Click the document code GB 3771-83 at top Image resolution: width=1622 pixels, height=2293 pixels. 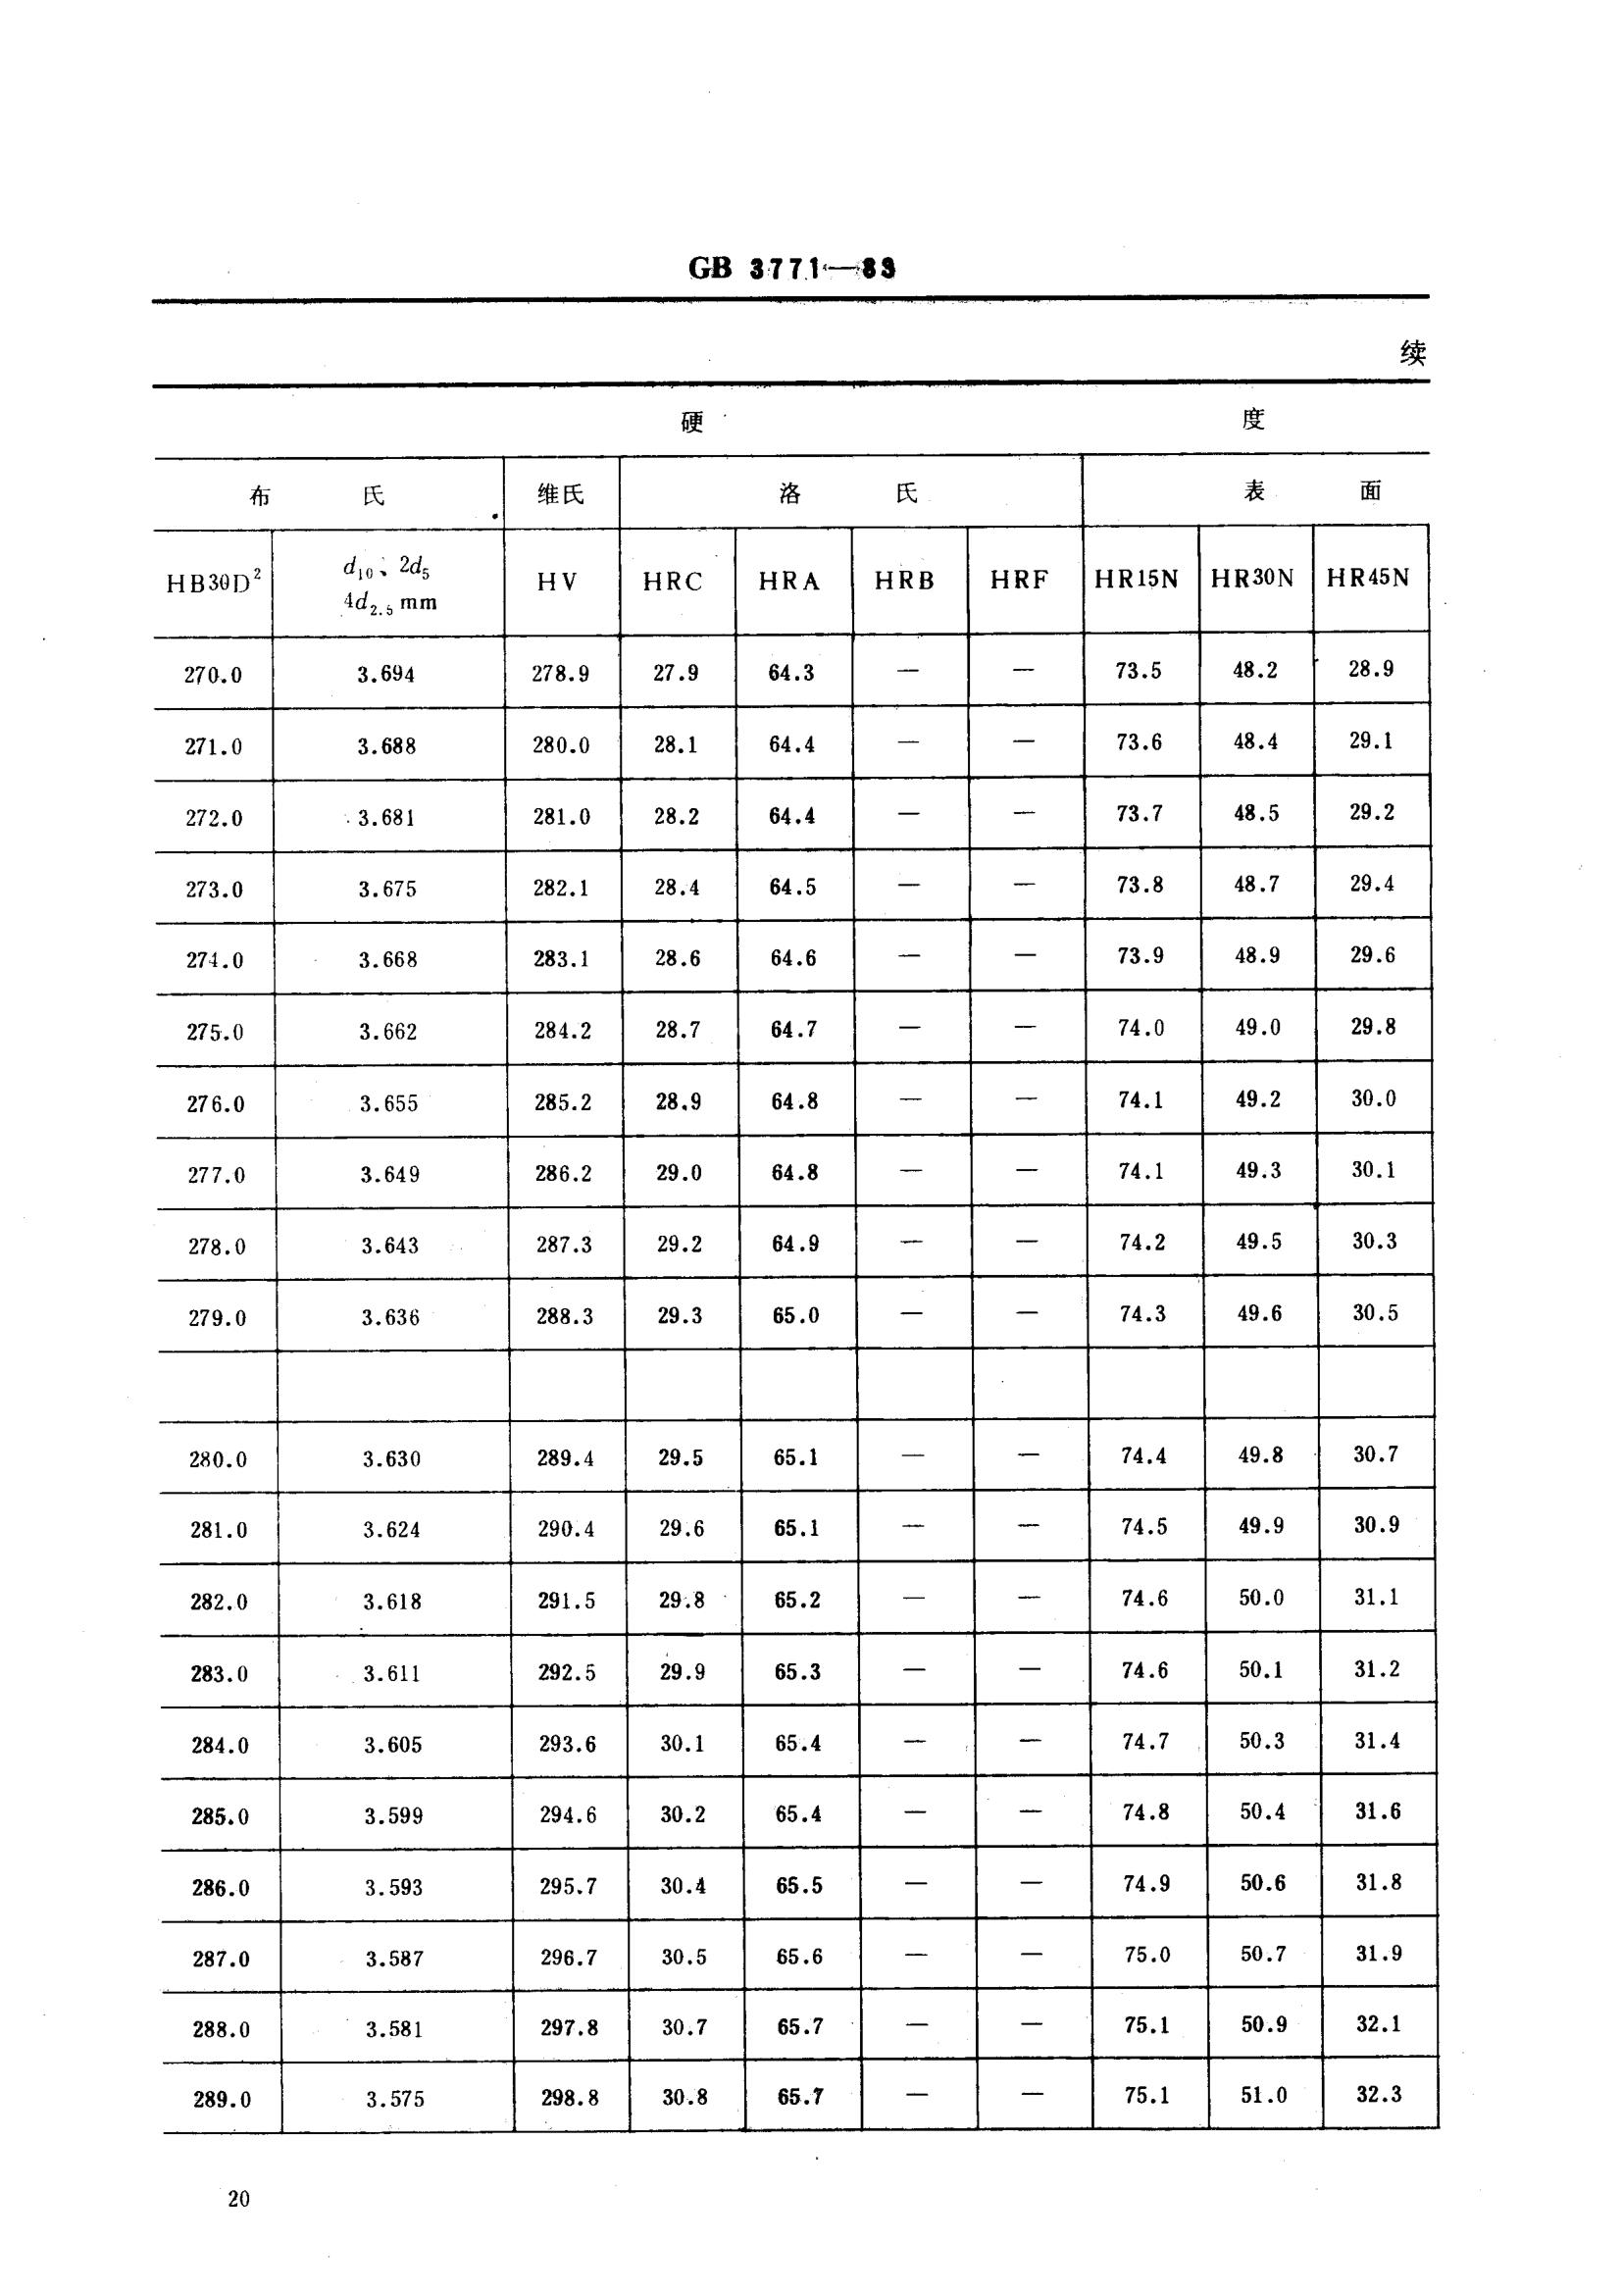pos(791,268)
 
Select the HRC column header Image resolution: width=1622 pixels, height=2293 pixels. pos(672,582)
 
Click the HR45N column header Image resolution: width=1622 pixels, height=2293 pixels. pos(1367,579)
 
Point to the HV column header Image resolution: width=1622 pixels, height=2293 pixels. pos(557,583)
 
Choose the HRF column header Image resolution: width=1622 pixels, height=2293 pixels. pos(1019,581)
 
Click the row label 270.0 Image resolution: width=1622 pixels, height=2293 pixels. pos(213,675)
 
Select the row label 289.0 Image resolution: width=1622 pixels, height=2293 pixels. pos(222,2099)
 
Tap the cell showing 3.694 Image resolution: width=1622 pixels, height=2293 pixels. pos(385,674)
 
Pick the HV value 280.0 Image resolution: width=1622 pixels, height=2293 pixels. pos(560,745)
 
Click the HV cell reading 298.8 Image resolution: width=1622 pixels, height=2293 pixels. pos(570,2098)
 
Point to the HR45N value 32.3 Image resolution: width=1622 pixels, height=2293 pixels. pos(1378,2094)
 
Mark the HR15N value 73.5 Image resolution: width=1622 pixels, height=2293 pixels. pos(1139,671)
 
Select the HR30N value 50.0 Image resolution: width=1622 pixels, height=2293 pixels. pos(1260,1598)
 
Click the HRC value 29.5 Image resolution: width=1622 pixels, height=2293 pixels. pos(681,1458)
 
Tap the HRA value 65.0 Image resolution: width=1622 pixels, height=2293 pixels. pos(795,1315)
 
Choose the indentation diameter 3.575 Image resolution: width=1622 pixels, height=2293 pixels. pos(394,2099)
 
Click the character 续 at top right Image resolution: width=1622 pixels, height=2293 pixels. pos(1412,352)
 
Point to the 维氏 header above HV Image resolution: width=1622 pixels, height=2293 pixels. pos(560,494)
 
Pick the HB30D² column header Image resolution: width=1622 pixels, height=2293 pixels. pos(213,584)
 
